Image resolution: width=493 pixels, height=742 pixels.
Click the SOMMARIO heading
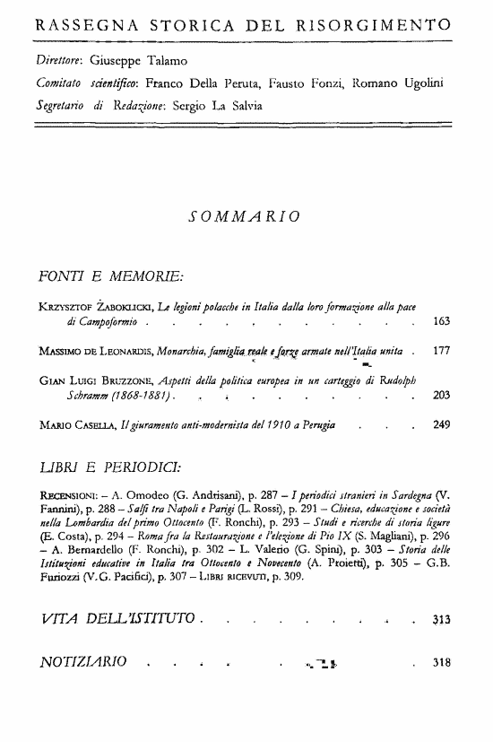(x=245, y=217)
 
